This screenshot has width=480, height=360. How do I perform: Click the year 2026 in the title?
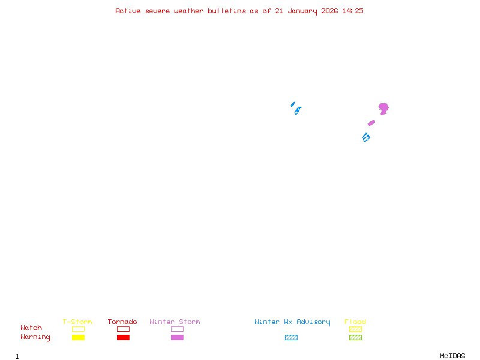coord(329,11)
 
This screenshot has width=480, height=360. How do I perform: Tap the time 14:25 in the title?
coord(353,11)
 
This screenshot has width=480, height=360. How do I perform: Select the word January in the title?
coord(302,11)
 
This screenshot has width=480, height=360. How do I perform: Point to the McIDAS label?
coord(452,356)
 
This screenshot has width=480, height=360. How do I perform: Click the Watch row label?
coord(31,328)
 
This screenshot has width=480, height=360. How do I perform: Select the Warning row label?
coord(35,337)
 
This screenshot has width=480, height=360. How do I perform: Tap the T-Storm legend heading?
coord(77,322)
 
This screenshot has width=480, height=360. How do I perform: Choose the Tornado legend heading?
coord(122,322)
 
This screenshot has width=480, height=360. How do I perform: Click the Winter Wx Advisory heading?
coord(292,322)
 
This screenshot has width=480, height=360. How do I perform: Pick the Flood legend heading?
coord(355,322)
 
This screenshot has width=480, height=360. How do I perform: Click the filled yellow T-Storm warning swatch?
coord(79,337)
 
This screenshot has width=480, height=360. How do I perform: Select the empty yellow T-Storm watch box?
coord(79,329)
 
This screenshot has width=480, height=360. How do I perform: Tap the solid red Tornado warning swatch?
coord(124,337)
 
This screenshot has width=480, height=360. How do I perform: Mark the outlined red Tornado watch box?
coord(124,329)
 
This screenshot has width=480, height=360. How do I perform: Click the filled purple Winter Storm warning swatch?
coord(177,337)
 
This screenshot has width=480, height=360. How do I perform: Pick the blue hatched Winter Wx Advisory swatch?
coord(291,337)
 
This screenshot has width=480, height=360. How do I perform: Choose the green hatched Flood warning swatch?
coord(355,337)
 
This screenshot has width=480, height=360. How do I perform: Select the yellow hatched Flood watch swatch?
coord(355,329)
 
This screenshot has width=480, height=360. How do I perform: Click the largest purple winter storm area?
coord(383,109)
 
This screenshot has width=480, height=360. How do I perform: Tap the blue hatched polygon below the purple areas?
coord(366,137)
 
